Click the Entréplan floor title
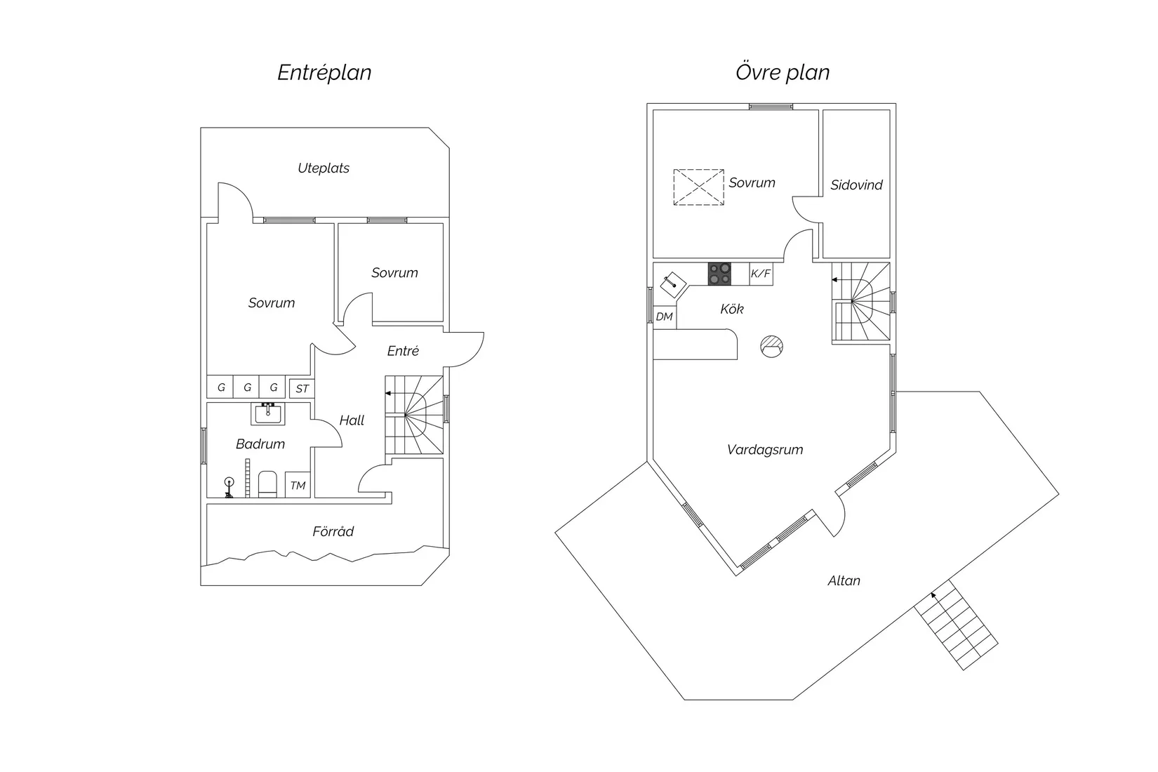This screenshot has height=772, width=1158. click(x=324, y=72)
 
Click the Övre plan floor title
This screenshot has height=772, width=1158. click(x=782, y=72)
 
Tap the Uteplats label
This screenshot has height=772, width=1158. click(x=324, y=168)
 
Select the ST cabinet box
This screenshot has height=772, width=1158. click(x=302, y=388)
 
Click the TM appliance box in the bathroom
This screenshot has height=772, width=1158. click(x=298, y=485)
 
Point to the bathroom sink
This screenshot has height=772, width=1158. click(x=268, y=413)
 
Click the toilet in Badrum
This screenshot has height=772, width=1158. click(x=267, y=484)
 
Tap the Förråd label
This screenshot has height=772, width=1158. click(x=333, y=531)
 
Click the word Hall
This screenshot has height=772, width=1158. click(x=352, y=420)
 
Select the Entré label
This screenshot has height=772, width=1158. click(x=403, y=351)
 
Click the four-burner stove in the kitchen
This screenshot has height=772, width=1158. click(x=719, y=274)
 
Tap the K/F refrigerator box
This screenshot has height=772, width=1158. click(x=761, y=274)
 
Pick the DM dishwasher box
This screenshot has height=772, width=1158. click(x=665, y=317)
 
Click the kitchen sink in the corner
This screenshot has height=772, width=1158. click(x=673, y=284)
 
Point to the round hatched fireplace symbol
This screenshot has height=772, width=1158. click(x=771, y=346)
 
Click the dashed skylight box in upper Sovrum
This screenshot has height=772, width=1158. click(x=698, y=187)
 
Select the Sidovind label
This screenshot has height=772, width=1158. click(x=856, y=185)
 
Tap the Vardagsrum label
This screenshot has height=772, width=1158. click(x=764, y=450)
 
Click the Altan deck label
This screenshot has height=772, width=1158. click(x=844, y=580)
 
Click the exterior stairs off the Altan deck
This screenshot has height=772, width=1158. click(x=955, y=625)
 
